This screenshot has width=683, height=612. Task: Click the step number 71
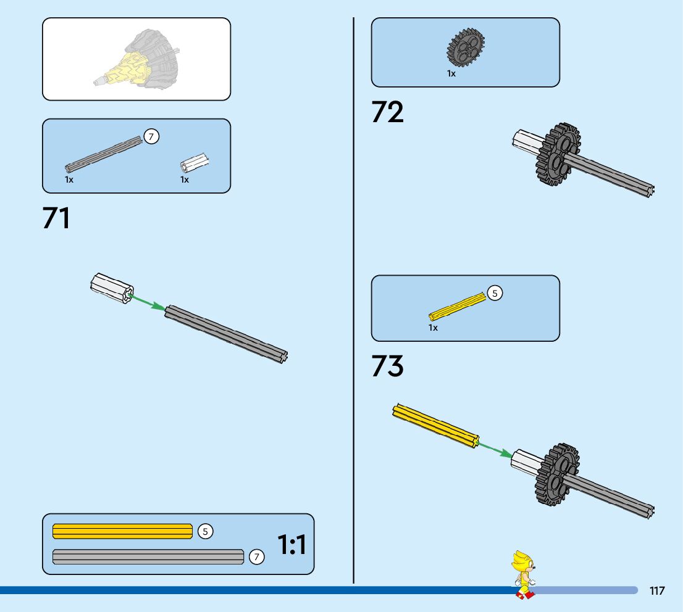tap(56, 219)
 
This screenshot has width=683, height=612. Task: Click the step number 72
tap(387, 113)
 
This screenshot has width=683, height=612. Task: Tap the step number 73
tap(387, 366)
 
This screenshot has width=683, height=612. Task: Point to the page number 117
tap(657, 591)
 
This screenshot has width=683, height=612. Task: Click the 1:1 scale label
tap(291, 545)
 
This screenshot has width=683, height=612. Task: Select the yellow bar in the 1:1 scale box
tap(122, 531)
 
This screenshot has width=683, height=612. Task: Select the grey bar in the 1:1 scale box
tap(148, 556)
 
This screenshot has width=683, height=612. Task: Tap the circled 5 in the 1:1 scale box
tap(206, 531)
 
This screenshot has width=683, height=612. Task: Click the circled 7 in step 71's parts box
tap(151, 136)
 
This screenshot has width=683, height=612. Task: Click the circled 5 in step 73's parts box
tap(495, 294)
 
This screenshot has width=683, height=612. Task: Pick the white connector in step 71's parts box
tap(194, 163)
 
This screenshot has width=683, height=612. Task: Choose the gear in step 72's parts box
tap(466, 48)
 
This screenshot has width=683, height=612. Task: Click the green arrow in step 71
tap(148, 302)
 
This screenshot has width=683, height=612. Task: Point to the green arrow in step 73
tap(495, 449)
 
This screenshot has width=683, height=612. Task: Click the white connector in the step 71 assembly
tap(112, 289)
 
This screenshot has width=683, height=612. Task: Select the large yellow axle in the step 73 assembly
tap(435, 424)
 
